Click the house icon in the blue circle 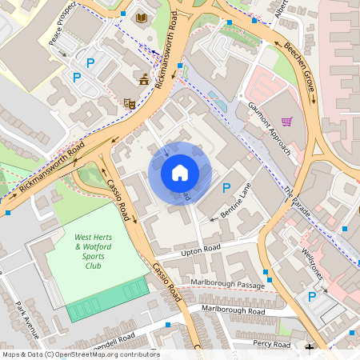click(x=179, y=173)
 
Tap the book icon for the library click(x=142, y=18)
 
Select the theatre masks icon click(x=128, y=103)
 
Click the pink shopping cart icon click(x=286, y=122)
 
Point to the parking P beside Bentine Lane click(x=226, y=188)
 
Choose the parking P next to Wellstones click(x=313, y=296)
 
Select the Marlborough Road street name click(x=233, y=310)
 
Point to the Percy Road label click(x=271, y=344)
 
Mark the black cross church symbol click(x=310, y=348)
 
